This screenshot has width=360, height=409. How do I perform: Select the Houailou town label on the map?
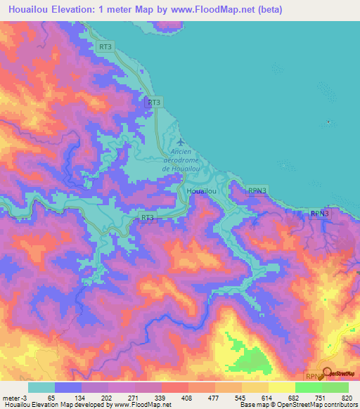[200, 191]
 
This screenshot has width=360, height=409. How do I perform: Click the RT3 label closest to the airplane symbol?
[155, 103]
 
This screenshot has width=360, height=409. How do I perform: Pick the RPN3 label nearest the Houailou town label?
[257, 190]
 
